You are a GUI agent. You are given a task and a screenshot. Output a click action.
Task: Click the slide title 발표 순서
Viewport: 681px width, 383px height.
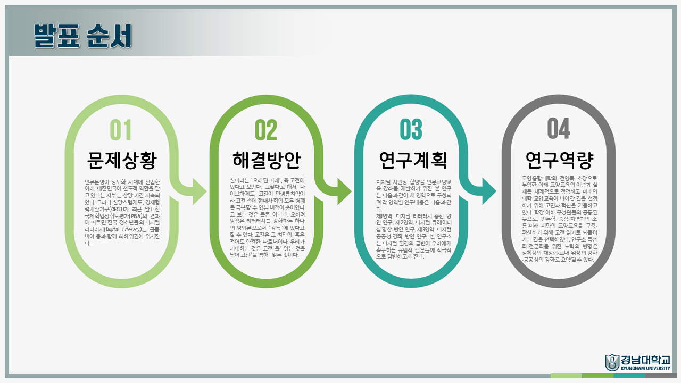tap(83, 36)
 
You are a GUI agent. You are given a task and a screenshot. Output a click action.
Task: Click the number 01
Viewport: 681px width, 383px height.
tap(120, 130)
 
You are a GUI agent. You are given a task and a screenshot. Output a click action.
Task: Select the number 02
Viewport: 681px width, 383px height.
tap(266, 130)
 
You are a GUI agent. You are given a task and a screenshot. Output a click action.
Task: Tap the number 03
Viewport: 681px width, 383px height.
tap(411, 130)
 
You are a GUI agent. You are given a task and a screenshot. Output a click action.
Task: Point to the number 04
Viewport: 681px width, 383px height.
tap(559, 128)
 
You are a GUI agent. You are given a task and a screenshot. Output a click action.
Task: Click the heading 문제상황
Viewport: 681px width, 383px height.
tap(122, 160)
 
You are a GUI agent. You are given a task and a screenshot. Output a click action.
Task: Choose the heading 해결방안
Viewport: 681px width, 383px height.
tap(267, 160)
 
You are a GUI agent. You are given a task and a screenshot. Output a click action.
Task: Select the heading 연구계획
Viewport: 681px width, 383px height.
tap(412, 160)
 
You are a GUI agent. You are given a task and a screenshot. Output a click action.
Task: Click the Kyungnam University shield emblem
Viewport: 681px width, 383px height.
tap(612, 362)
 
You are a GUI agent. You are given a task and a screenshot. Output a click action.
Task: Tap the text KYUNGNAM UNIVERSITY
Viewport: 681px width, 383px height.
tap(645, 368)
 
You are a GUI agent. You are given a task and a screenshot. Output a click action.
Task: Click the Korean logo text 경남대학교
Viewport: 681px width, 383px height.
tap(645, 359)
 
